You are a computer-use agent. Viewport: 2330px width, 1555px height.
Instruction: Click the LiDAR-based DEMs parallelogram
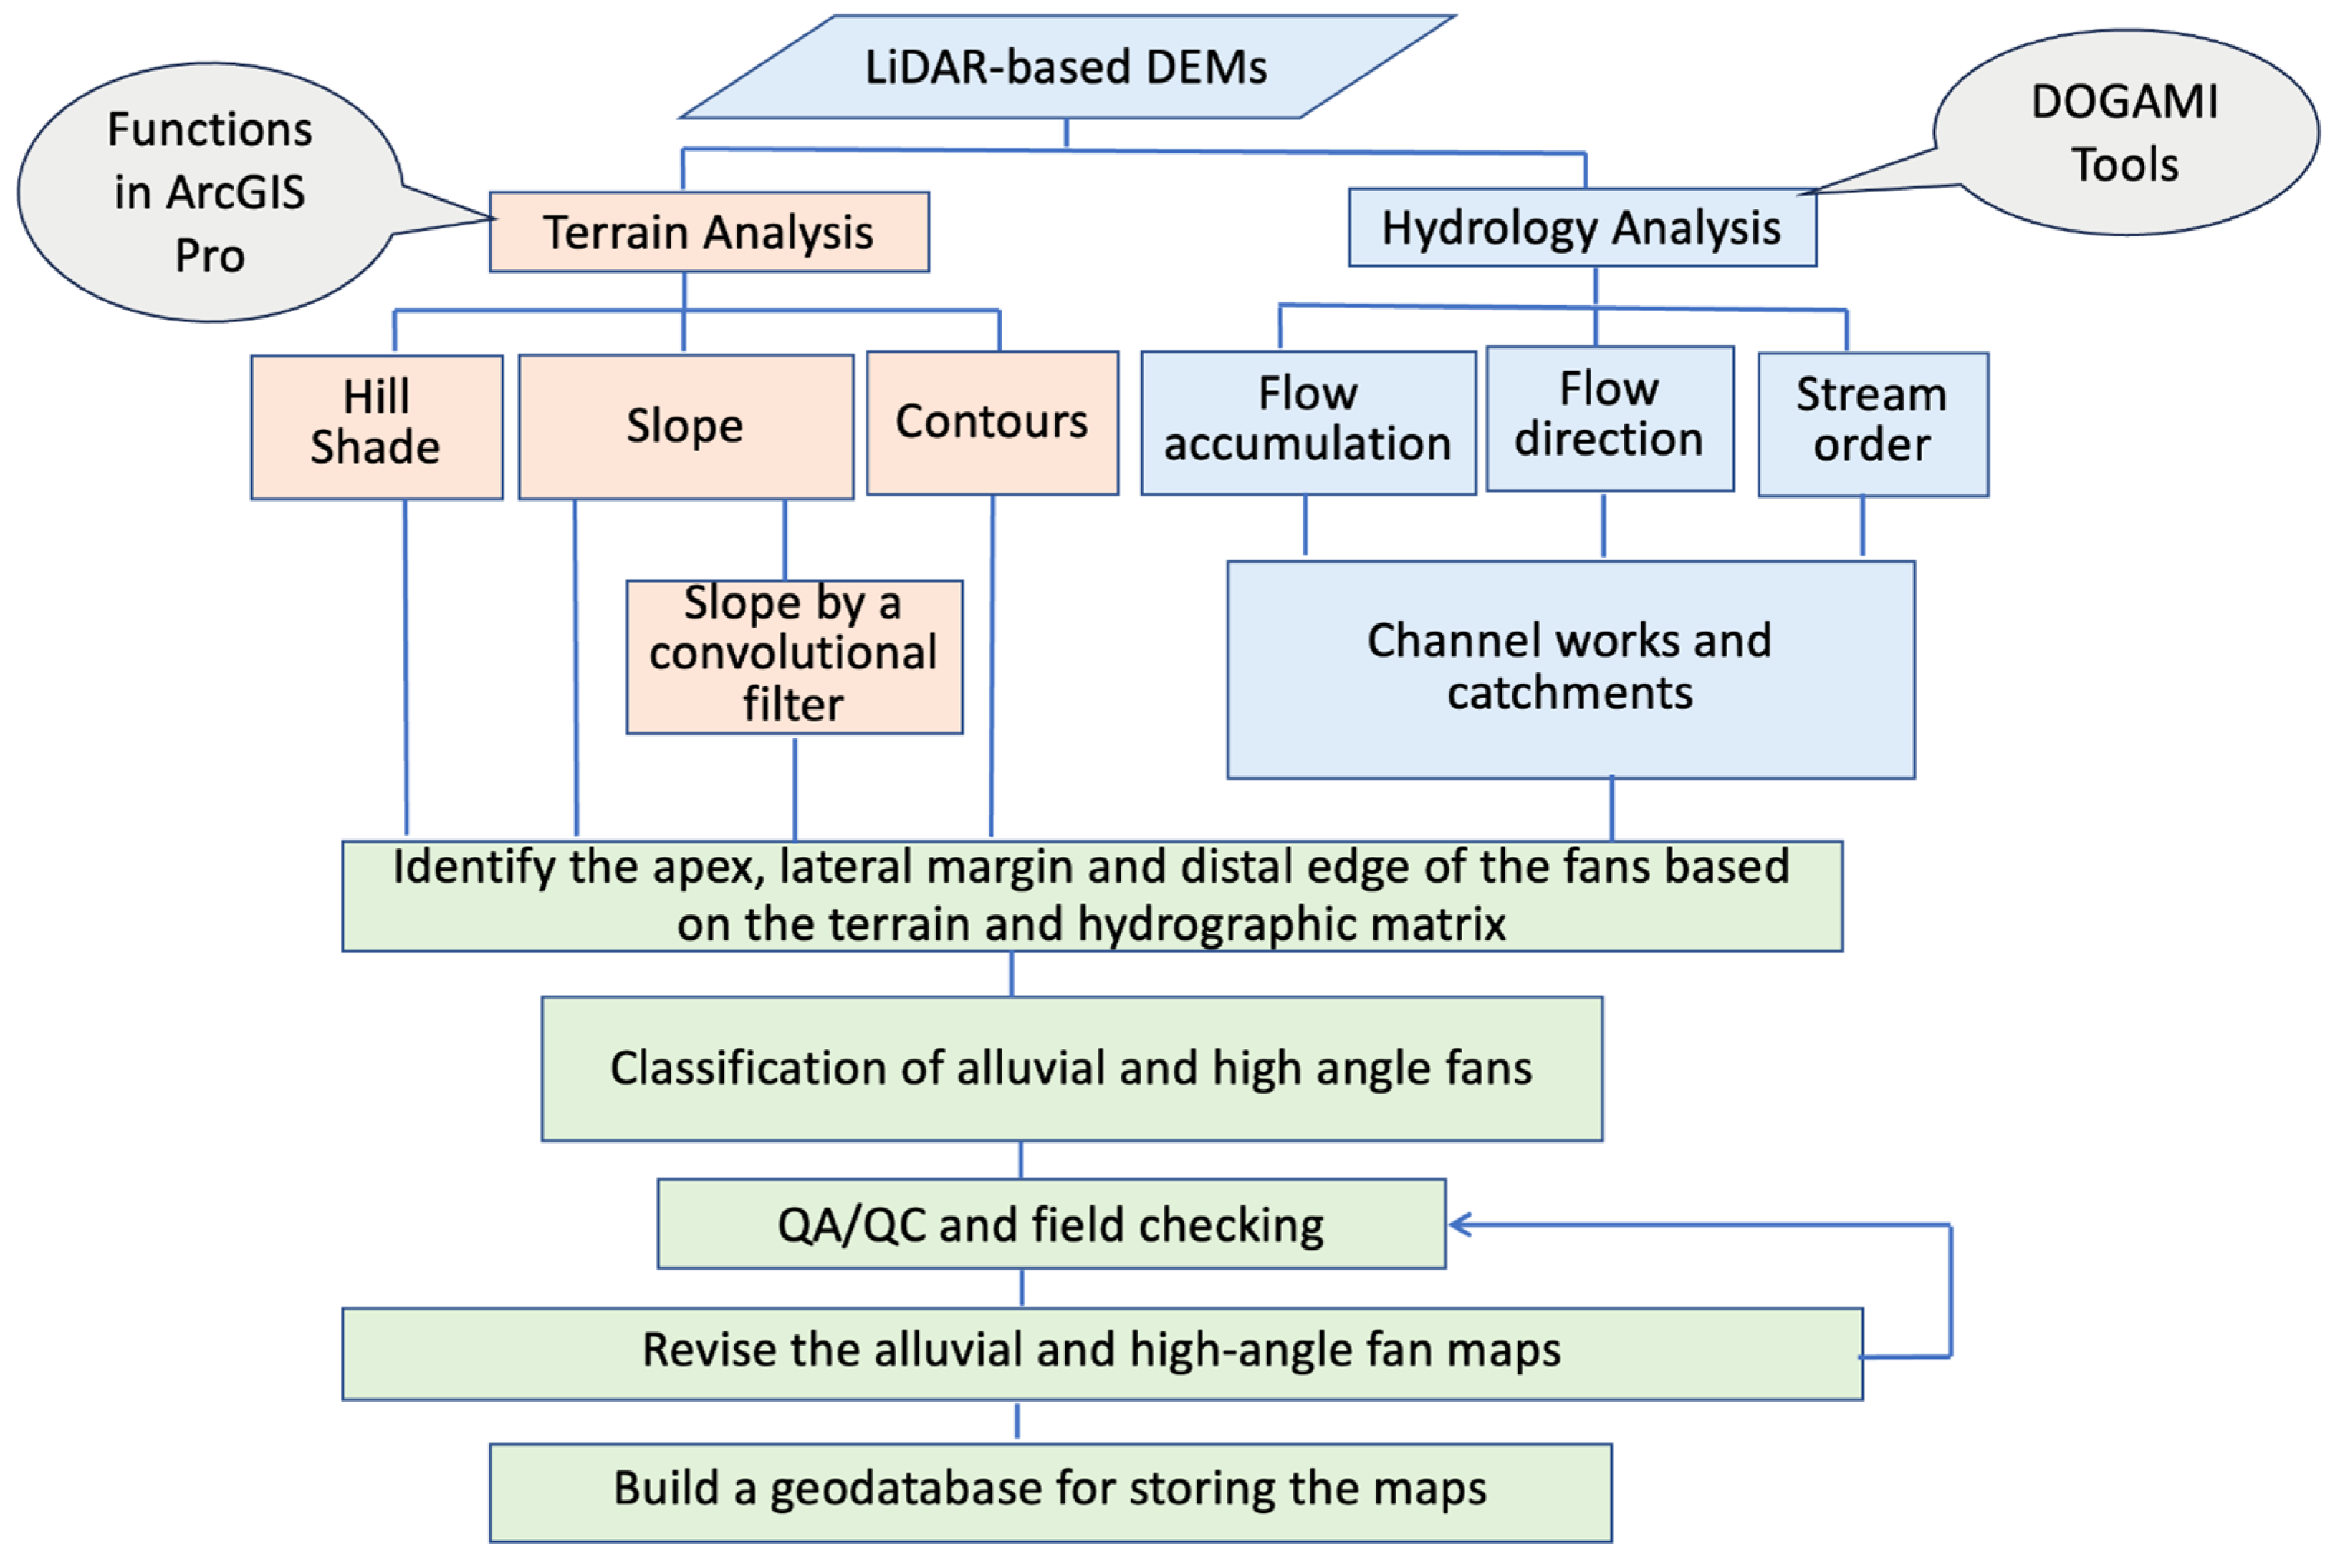pyautogui.click(x=1066, y=67)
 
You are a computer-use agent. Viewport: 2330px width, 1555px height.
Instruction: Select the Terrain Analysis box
pyautogui.click(x=708, y=232)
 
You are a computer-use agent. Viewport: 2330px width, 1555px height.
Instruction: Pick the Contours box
pyautogui.click(x=992, y=423)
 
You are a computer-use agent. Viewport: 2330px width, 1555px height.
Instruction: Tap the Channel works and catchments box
pyautogui.click(x=1570, y=669)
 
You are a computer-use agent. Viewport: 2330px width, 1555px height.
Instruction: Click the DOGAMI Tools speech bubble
pyautogui.click(x=2125, y=133)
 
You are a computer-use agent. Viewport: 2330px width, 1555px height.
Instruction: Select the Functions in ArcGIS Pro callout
pyautogui.click(x=209, y=192)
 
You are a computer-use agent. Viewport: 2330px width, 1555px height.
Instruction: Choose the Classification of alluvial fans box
pyautogui.click(x=1071, y=1068)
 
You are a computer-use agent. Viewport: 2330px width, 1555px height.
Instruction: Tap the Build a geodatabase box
pyautogui.click(x=1049, y=1491)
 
